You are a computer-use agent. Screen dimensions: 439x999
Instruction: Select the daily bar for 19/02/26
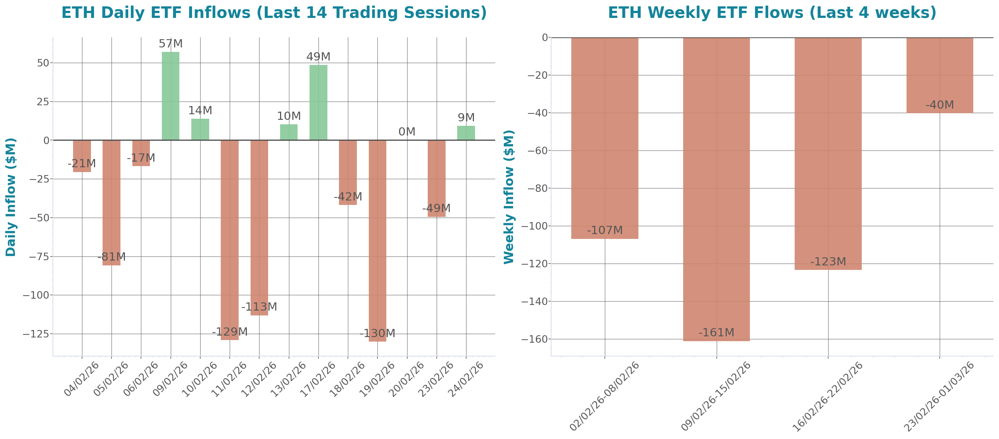click(377, 241)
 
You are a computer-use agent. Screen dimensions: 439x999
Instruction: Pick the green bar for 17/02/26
click(318, 103)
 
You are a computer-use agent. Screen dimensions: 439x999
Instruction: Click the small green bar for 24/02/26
click(466, 133)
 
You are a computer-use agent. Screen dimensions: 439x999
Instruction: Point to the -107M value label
click(604, 231)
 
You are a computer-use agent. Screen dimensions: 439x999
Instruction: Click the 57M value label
click(170, 44)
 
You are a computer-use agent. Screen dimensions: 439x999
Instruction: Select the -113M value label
click(259, 307)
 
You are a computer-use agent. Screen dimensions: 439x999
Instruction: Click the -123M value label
click(828, 262)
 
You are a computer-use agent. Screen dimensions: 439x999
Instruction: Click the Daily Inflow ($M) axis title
click(10, 197)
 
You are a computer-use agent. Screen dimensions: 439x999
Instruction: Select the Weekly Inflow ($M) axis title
click(508, 197)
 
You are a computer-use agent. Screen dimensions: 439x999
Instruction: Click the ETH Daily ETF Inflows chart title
click(274, 13)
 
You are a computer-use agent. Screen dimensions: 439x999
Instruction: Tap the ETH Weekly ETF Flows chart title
click(772, 13)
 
